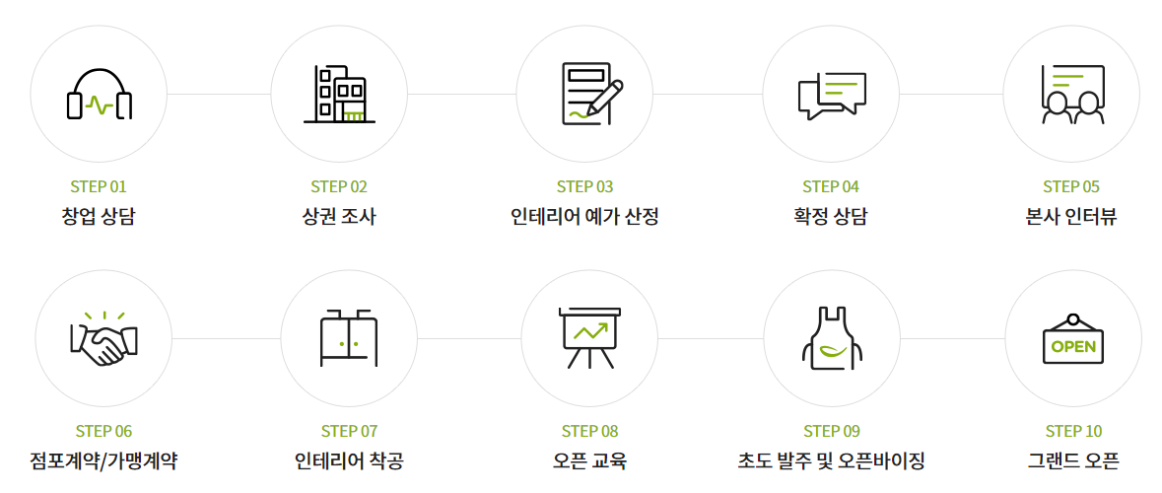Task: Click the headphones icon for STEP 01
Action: pyautogui.click(x=99, y=95)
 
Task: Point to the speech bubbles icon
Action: pyautogui.click(x=832, y=95)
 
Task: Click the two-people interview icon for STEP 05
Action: pyautogui.click(x=1072, y=95)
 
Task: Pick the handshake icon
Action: pyautogui.click(x=103, y=338)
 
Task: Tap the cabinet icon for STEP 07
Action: pyautogui.click(x=349, y=338)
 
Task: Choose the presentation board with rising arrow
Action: pyautogui.click(x=589, y=338)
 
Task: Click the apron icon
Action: pyautogui.click(x=832, y=338)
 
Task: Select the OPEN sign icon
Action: pyautogui.click(x=1073, y=338)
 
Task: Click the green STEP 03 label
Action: pyautogui.click(x=584, y=186)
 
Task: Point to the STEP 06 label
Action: pyautogui.click(x=103, y=431)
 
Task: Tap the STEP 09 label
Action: pyautogui.click(x=832, y=431)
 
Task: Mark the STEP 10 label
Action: pyautogui.click(x=1073, y=431)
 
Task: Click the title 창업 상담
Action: pyautogui.click(x=99, y=216)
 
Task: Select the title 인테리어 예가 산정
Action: pyautogui.click(x=584, y=216)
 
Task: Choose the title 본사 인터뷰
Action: pyautogui.click(x=1071, y=216)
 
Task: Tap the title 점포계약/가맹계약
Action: pyautogui.click(x=103, y=460)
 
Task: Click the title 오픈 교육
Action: pyautogui.click(x=589, y=460)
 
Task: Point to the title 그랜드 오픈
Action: pyautogui.click(x=1073, y=460)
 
